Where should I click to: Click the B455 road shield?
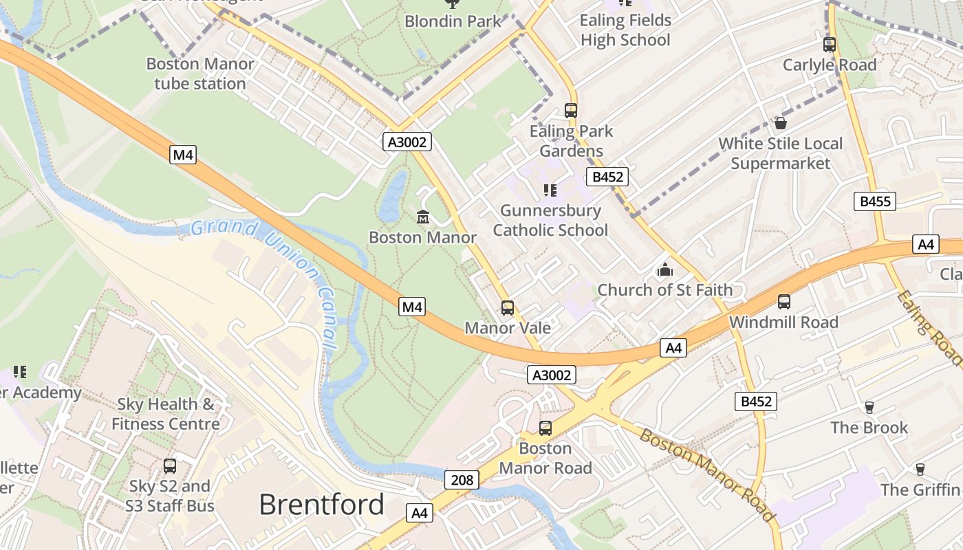(x=875, y=201)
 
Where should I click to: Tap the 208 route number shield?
(x=462, y=480)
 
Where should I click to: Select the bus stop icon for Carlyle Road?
(x=830, y=45)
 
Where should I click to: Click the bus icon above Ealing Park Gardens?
(x=570, y=110)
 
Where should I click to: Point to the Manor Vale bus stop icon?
(x=508, y=308)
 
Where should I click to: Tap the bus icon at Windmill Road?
(x=783, y=301)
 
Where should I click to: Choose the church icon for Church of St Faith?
(x=664, y=270)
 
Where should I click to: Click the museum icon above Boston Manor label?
(x=422, y=217)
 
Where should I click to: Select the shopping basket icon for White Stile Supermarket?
(x=780, y=123)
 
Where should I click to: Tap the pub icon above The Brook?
(x=869, y=408)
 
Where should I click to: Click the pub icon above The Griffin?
(x=920, y=470)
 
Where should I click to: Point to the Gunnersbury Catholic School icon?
(x=550, y=190)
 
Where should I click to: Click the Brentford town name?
(x=321, y=505)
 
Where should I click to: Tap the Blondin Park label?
(x=453, y=21)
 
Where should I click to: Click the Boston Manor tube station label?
(x=200, y=74)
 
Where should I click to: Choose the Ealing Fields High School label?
(x=625, y=30)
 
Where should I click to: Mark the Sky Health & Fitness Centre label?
(x=165, y=414)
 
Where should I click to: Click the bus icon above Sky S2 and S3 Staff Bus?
(x=170, y=465)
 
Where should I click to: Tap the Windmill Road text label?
(x=783, y=322)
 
